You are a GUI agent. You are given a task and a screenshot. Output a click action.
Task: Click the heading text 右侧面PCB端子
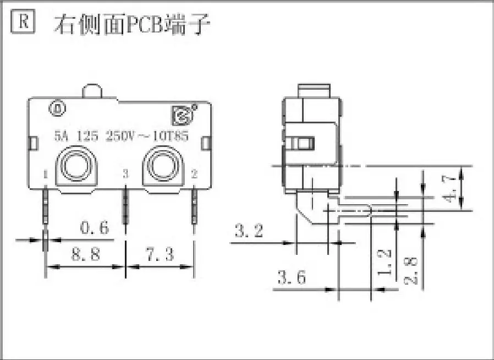[x=132, y=24]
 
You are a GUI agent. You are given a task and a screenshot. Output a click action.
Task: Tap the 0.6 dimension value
[x=95, y=227]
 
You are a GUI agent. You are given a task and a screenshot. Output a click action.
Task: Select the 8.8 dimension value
[x=86, y=254]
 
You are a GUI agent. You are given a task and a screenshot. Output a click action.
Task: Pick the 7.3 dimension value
[x=160, y=254]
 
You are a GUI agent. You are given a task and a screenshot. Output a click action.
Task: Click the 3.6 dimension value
[x=292, y=277]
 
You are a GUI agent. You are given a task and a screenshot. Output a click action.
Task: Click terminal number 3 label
[x=125, y=174]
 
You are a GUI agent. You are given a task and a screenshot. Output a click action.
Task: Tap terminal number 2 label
[x=194, y=174]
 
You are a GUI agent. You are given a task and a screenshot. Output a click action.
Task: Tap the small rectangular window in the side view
[x=303, y=143]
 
